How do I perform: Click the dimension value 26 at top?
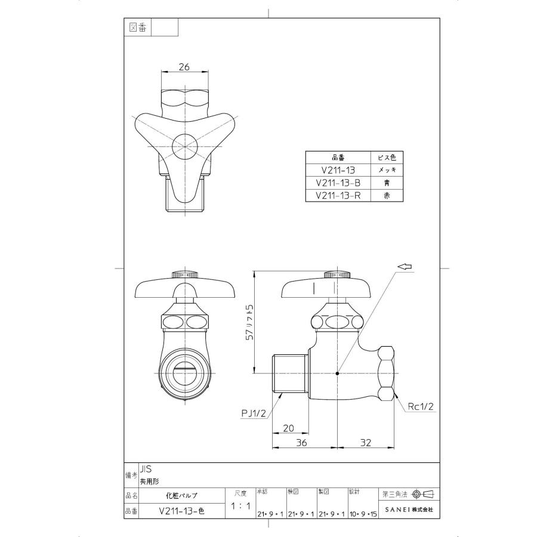pos(184,67)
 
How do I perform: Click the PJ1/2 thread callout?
pos(254,412)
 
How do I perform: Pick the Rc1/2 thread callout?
pos(421,407)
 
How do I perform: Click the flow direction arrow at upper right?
pos(405,267)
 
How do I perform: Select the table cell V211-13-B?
pos(338,183)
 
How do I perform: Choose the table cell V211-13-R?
pos(338,195)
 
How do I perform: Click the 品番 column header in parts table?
pos(338,158)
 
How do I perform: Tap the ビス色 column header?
pos(387,158)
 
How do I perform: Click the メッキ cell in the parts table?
pos(387,171)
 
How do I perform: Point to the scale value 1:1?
pos(240,506)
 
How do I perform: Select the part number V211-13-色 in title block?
pos(181,511)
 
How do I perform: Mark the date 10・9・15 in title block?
pos(363,514)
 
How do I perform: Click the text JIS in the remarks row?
pos(147,470)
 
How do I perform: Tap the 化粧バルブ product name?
pos(181,495)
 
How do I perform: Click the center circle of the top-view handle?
pos(184,145)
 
